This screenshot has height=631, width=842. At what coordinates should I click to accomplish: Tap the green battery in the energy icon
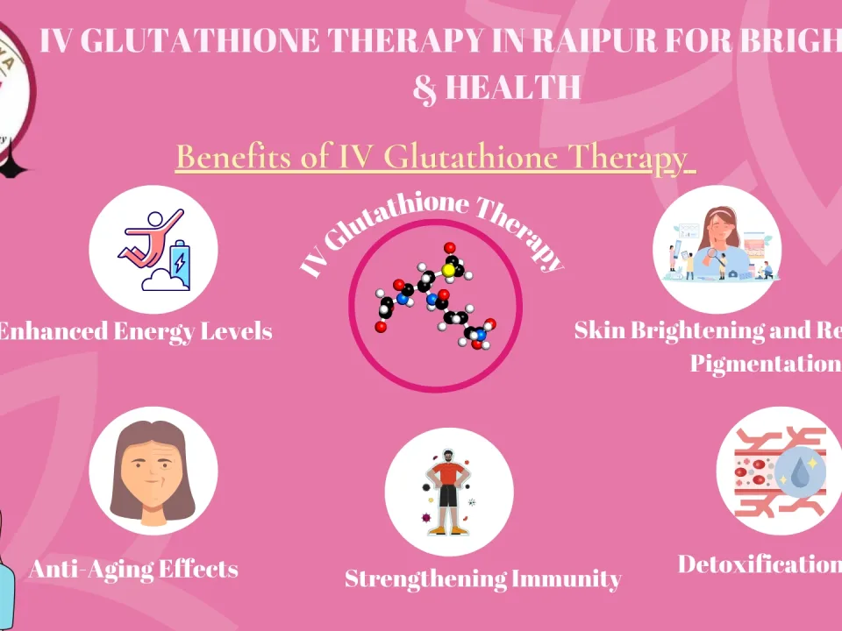pyautogui.click(x=179, y=259)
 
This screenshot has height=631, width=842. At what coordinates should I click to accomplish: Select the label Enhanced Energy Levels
pyautogui.click(x=135, y=331)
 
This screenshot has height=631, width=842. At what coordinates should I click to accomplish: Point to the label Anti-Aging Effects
pyautogui.click(x=133, y=569)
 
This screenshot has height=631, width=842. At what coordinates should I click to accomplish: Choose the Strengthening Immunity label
pyautogui.click(x=482, y=578)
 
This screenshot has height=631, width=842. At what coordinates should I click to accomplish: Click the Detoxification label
pyautogui.click(x=759, y=564)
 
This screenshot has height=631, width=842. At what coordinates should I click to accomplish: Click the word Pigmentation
pyautogui.click(x=764, y=363)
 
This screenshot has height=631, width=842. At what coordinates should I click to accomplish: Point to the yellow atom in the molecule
pyautogui.click(x=448, y=271)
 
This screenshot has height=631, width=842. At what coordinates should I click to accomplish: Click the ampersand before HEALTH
pyautogui.click(x=425, y=88)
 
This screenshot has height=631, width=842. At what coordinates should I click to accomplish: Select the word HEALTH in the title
pyautogui.click(x=513, y=88)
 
